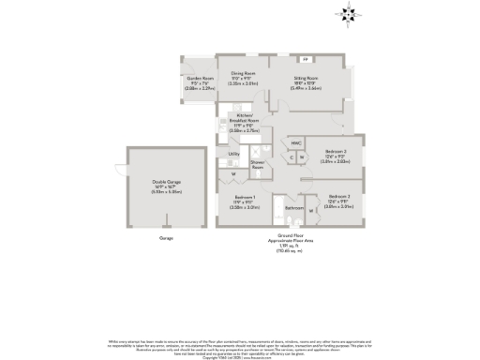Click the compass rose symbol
[x=348, y=13]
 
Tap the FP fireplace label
[x=305, y=59]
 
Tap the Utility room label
[x=233, y=153]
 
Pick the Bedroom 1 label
[x=246, y=200]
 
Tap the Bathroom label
[x=293, y=207]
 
